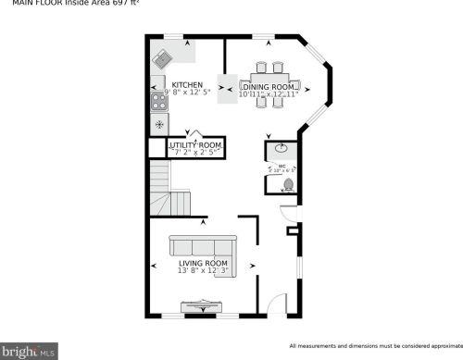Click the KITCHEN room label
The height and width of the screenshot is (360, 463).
187,83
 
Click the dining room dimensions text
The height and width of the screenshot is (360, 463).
269,93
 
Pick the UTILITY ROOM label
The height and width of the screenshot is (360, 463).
195,145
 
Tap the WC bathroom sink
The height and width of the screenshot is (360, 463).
281,150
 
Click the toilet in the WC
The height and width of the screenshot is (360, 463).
288,184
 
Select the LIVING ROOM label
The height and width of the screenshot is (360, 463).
202,264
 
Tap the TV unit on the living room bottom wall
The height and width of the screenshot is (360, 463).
199,306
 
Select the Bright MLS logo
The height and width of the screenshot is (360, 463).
30,351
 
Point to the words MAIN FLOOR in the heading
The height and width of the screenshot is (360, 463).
29,4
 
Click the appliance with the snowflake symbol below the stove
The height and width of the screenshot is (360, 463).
158,124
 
